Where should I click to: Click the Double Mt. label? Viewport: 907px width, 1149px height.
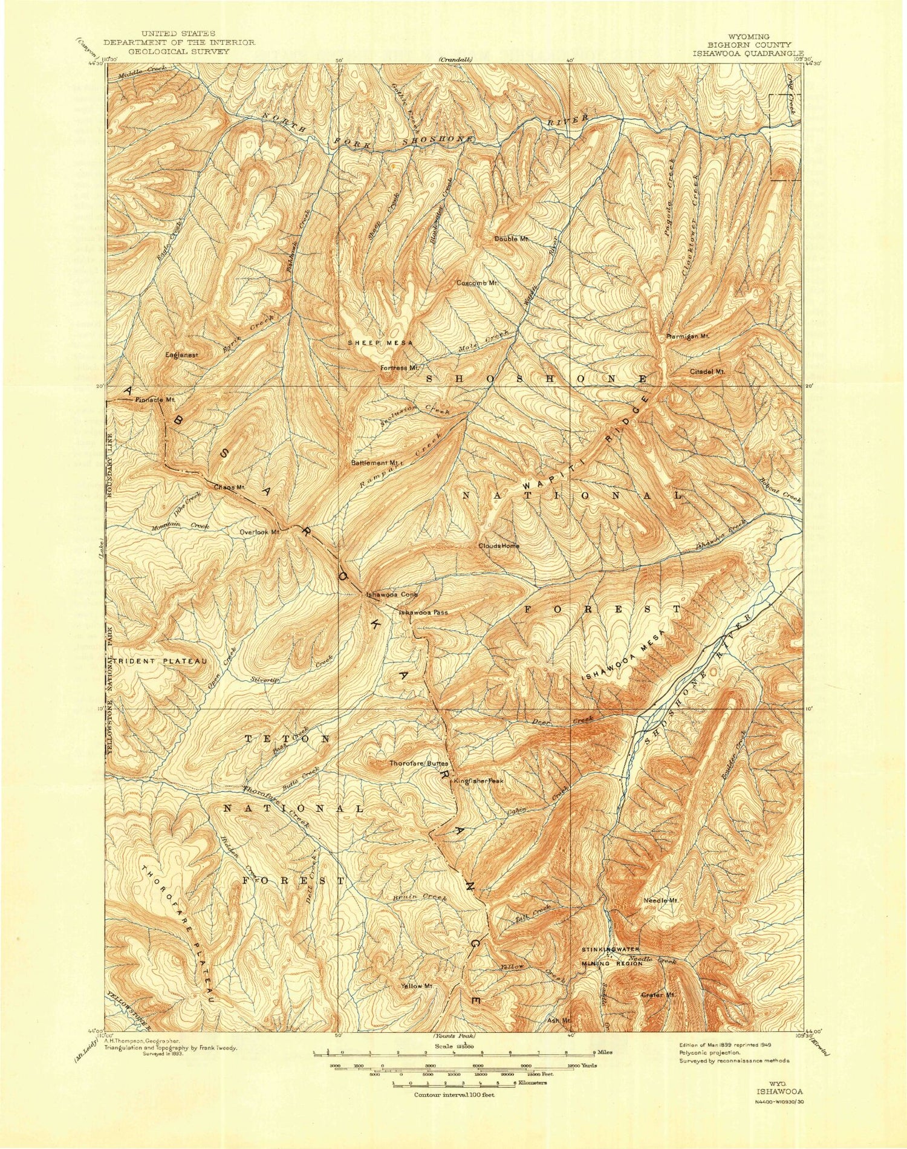512,239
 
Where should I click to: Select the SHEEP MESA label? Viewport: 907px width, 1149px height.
380,343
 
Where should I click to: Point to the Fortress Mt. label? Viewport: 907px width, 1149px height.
399,367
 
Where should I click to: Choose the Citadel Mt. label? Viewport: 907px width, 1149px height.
706,371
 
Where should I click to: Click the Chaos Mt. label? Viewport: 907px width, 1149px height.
229,487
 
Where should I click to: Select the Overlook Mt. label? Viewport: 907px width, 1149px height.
259,532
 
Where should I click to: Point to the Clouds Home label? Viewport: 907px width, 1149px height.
499,545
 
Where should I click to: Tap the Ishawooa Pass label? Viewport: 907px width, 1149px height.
423,612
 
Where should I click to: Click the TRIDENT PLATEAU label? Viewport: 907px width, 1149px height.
159,661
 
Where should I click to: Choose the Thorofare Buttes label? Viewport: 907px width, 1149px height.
418,763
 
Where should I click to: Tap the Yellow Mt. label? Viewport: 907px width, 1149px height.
418,986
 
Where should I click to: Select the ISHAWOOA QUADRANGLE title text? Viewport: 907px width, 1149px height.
748,53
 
